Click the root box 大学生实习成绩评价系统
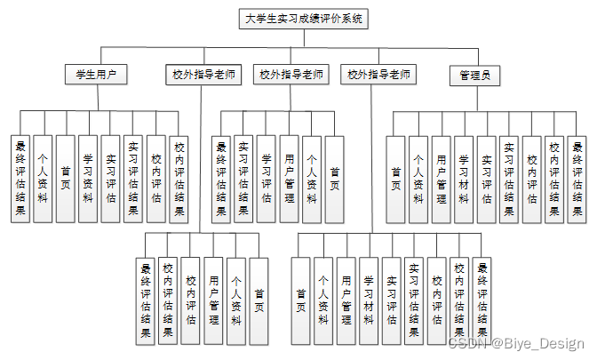302,18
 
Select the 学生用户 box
95,75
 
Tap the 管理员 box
474,75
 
